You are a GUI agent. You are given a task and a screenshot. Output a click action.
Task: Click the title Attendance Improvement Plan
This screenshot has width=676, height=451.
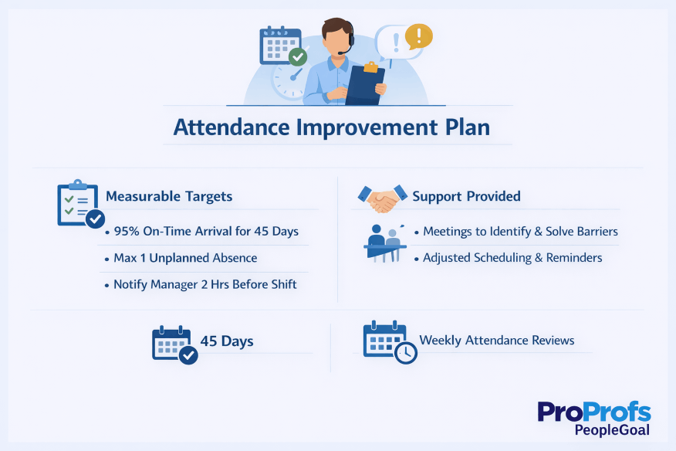pos(332,127)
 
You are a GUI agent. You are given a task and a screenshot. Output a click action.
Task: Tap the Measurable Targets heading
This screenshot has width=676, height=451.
pos(169,196)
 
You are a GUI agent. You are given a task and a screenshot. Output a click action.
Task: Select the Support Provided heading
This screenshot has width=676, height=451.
pos(466,196)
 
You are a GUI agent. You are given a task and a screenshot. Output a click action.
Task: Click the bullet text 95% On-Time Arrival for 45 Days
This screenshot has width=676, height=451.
pos(206,232)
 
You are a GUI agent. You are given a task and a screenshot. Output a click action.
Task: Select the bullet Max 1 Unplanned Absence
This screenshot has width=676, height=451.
pos(185,258)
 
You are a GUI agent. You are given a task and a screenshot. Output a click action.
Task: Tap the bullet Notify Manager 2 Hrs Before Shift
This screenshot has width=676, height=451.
pos(205,284)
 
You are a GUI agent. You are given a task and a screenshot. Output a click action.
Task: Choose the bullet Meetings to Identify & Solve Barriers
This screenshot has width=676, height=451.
pos(520,232)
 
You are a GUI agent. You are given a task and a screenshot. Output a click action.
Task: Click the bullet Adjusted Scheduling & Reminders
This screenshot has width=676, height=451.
pos(512,258)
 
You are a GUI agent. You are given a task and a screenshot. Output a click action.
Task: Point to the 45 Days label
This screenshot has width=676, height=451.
pos(227,341)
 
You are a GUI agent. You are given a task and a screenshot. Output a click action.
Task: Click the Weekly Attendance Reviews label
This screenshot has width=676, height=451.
pos(497,341)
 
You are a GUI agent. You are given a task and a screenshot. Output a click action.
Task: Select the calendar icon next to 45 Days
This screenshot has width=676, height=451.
pos(174,344)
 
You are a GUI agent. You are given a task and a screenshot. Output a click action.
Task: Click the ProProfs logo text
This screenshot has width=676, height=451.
pos(594,411)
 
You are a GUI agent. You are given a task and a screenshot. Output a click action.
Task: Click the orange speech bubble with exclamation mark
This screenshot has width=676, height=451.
pos(418,36)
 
